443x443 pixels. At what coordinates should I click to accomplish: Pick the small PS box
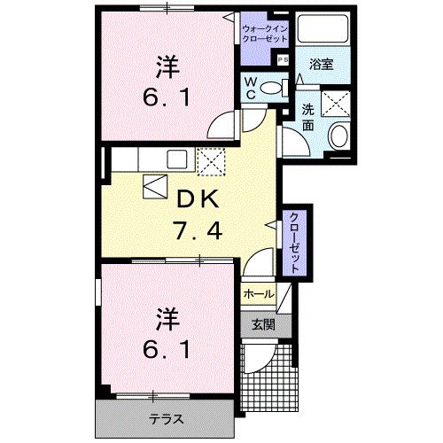284,59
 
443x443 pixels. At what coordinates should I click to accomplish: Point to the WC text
252,89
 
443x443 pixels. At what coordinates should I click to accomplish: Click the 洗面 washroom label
307,119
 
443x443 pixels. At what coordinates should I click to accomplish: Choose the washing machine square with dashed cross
338,105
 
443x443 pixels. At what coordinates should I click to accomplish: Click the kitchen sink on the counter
175,160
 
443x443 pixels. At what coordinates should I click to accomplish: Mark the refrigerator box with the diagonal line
155,188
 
